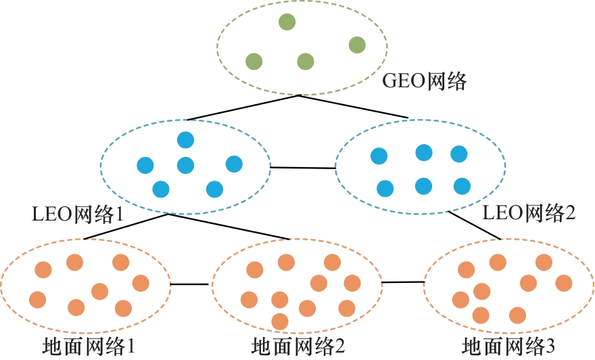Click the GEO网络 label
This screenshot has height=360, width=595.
pos(425,81)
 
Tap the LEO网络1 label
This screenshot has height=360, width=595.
pos(77,214)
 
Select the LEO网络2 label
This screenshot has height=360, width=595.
pos(529,214)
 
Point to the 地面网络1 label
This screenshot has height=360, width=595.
pos(89,347)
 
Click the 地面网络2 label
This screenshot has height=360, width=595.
pos(298,347)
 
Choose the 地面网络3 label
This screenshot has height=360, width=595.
pos(508,347)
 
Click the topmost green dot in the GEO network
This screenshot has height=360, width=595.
pos(287,22)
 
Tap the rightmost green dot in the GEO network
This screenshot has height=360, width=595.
pos(357,45)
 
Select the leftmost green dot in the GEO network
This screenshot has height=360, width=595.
pos(254,62)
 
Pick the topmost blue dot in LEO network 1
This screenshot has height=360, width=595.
pos(185,140)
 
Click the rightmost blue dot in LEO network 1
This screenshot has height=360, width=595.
pos(234,164)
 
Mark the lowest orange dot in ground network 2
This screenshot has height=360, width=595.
pos(279,321)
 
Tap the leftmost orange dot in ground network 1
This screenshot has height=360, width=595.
pos(38,299)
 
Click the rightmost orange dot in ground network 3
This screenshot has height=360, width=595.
pos(563,282)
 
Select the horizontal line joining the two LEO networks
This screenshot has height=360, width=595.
pos(302,167)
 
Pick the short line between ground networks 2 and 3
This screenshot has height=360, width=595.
pos(402,282)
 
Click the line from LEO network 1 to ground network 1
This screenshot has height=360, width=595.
pos(125,227)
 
